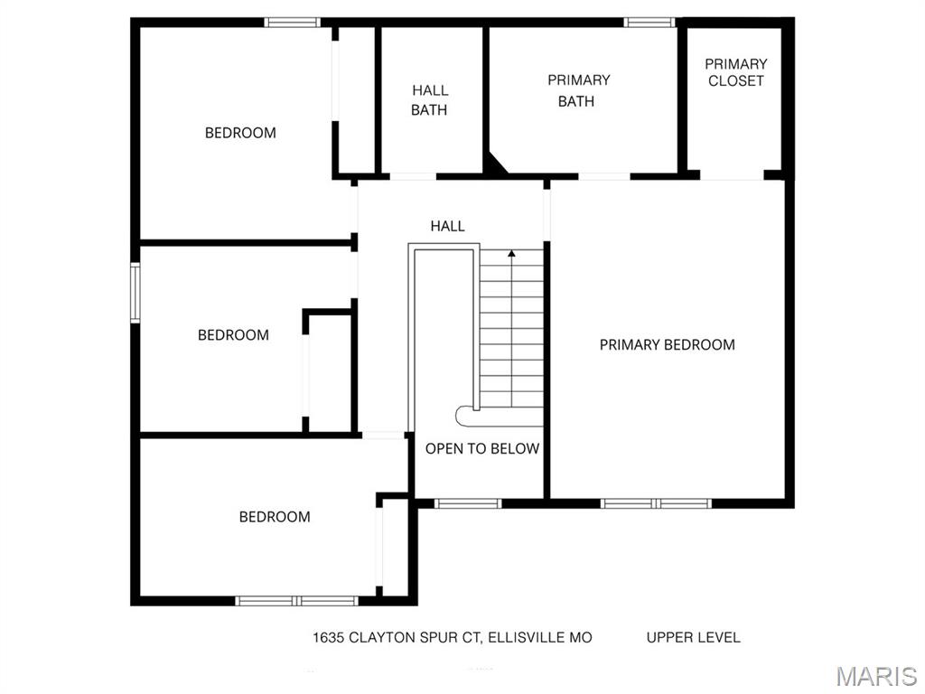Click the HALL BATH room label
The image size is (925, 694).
tap(429, 99)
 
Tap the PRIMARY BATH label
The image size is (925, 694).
tap(578, 90)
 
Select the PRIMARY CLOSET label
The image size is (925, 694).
tap(735, 72)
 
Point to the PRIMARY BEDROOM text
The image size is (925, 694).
tap(668, 344)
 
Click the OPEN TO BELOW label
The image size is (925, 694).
tap(482, 448)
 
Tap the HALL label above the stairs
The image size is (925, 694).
tap(447, 225)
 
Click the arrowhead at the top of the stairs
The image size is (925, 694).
tap(511, 254)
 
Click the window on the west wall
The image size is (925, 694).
tap(135, 293)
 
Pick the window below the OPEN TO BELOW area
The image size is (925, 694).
tap(468, 503)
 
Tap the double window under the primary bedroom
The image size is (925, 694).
tap(656, 503)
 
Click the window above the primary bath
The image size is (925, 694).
tap(649, 23)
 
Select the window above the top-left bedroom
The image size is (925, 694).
tap(292, 23)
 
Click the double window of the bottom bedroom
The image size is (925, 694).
tap(296, 601)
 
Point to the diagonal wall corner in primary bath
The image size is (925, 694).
tap(497, 164)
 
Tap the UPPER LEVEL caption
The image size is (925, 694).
tap(693, 637)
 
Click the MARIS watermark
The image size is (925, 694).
tap(876, 676)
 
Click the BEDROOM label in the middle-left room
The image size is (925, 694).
tap(233, 334)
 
